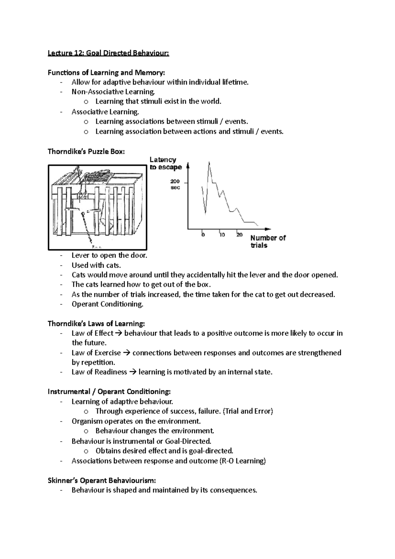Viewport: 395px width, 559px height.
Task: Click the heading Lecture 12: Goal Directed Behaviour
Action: pos(108,53)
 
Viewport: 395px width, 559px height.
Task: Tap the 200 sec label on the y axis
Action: pos(175,184)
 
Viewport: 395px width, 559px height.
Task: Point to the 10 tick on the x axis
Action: pos(222,235)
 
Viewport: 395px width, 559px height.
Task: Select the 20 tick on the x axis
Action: pos(239,235)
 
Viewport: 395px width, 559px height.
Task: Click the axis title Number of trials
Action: pos(268,241)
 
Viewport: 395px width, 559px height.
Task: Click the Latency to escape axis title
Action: pos(165,163)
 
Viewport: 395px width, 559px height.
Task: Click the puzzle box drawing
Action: pos(97,207)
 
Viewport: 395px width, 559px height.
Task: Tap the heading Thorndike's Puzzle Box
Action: pos(86,151)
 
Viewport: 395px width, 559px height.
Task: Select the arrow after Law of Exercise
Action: pos(126,353)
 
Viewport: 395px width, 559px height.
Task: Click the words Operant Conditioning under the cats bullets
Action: pos(107,304)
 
